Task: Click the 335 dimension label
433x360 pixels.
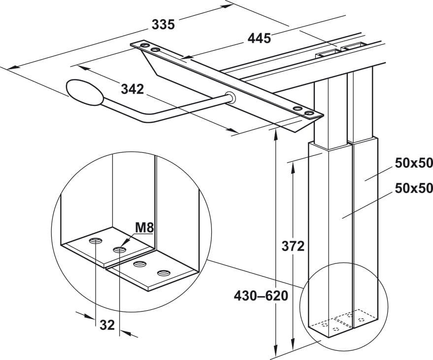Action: click(x=163, y=24)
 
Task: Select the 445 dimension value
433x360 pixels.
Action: click(x=259, y=38)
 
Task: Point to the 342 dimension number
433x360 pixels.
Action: click(x=132, y=89)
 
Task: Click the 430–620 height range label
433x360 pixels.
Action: click(x=261, y=296)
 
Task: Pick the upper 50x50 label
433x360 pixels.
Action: click(x=414, y=163)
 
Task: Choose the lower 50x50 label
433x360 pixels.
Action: click(x=414, y=188)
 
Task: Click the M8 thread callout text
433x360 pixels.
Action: click(x=145, y=228)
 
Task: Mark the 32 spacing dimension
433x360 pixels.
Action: click(x=107, y=325)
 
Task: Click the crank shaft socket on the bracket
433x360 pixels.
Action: click(x=230, y=97)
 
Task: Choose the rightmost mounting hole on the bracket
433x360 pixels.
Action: click(x=309, y=114)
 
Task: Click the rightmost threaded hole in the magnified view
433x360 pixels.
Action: click(x=163, y=272)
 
